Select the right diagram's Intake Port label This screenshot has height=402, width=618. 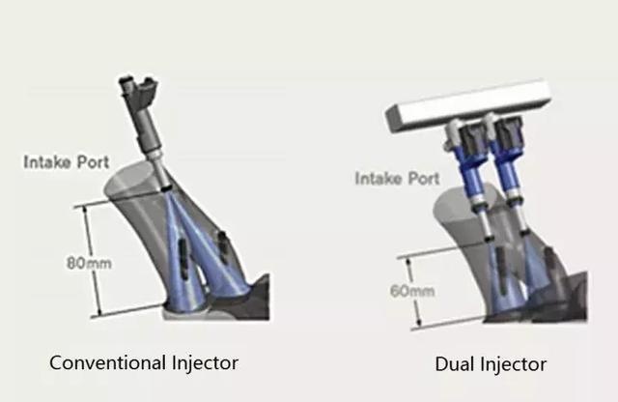tap(397, 179)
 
